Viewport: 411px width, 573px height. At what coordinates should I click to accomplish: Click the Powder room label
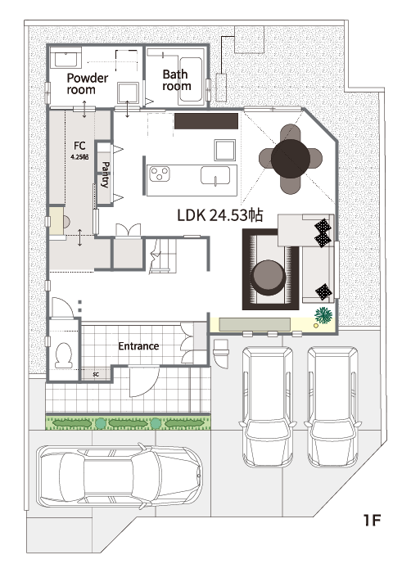point(88,83)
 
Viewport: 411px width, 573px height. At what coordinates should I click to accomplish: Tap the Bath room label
point(177,80)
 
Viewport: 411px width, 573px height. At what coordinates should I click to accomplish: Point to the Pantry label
point(106,174)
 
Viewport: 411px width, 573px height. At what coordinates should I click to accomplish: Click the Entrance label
point(138,345)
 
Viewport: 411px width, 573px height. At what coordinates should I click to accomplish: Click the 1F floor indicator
point(373,520)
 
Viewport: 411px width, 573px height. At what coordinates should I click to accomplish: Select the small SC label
point(96,375)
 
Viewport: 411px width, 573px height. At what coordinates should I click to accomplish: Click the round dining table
point(291,159)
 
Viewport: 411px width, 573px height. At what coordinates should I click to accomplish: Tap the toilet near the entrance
point(64,354)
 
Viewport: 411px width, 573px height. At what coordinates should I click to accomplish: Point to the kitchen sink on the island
point(215,176)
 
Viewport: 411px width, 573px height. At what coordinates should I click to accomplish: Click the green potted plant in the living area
point(323,314)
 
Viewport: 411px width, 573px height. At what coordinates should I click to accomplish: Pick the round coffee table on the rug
point(268,277)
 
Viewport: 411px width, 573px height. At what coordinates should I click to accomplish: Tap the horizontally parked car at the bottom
point(120,476)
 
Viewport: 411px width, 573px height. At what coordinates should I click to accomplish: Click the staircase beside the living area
point(163,255)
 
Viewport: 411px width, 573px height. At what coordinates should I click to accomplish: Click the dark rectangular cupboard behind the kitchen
point(206,121)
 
